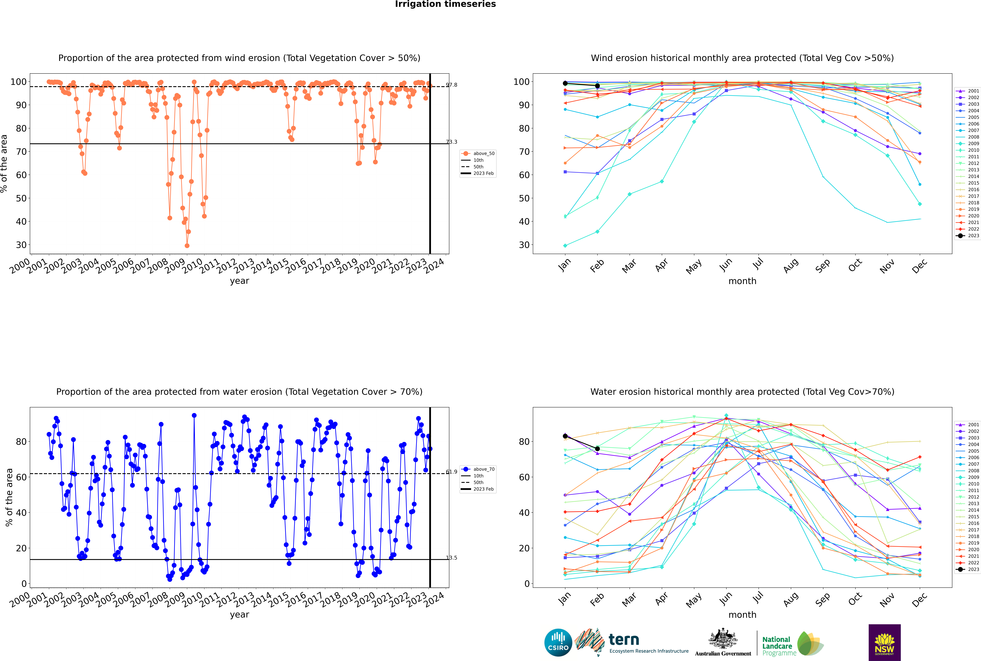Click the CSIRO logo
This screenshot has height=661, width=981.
click(558, 642)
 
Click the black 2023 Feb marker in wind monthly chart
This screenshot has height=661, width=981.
click(597, 86)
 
